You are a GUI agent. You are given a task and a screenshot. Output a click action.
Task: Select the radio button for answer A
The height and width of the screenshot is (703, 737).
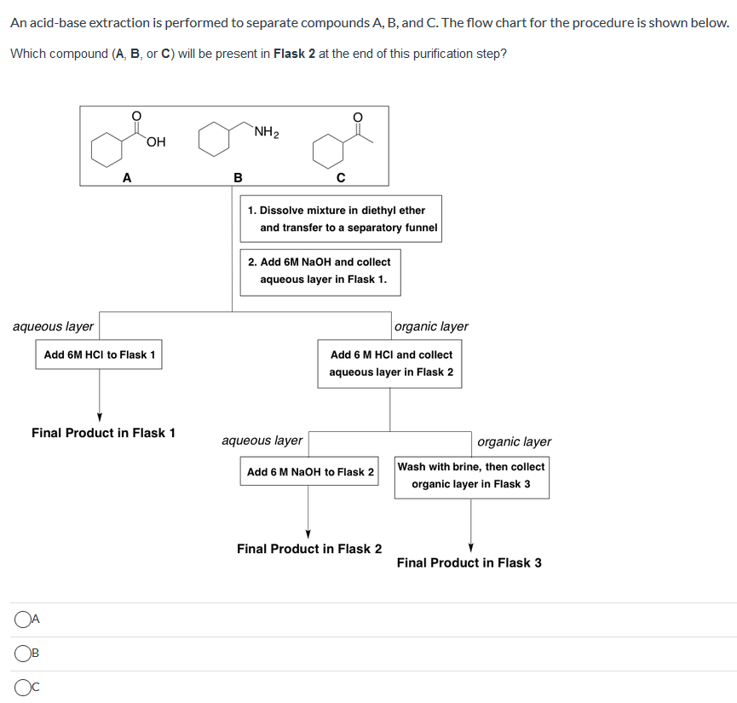tap(22, 619)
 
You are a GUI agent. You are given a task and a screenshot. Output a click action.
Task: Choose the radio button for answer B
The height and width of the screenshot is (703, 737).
tap(22, 654)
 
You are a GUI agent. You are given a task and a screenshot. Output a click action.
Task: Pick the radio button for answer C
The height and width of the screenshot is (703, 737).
tap(22, 687)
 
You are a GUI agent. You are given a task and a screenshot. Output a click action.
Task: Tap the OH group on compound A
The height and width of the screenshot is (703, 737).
tap(156, 142)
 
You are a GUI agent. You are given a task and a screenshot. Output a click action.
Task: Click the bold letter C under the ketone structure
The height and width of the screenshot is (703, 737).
tap(340, 177)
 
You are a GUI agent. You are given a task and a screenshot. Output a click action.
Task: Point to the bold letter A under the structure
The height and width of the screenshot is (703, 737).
tap(127, 177)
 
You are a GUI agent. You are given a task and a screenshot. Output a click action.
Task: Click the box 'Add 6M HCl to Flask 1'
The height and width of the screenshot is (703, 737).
tap(99, 354)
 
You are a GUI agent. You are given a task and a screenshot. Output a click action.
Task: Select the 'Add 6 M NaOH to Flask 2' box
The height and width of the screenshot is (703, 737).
tap(310, 472)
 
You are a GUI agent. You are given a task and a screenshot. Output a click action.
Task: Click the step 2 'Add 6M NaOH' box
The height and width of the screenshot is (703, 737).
tap(320, 271)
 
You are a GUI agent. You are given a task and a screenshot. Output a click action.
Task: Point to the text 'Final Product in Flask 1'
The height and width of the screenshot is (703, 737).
tap(103, 433)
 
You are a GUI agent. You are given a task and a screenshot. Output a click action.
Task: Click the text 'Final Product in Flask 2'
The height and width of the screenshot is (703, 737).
tap(309, 549)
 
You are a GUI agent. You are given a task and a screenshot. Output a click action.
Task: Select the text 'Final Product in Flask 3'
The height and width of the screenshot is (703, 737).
tap(469, 562)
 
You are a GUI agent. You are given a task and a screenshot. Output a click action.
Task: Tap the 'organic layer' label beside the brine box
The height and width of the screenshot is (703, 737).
tap(514, 441)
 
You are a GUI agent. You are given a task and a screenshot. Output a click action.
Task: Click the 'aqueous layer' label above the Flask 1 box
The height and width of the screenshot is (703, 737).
tap(53, 326)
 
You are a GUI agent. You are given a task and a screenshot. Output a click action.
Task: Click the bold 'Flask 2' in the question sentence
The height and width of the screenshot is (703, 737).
tap(294, 54)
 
